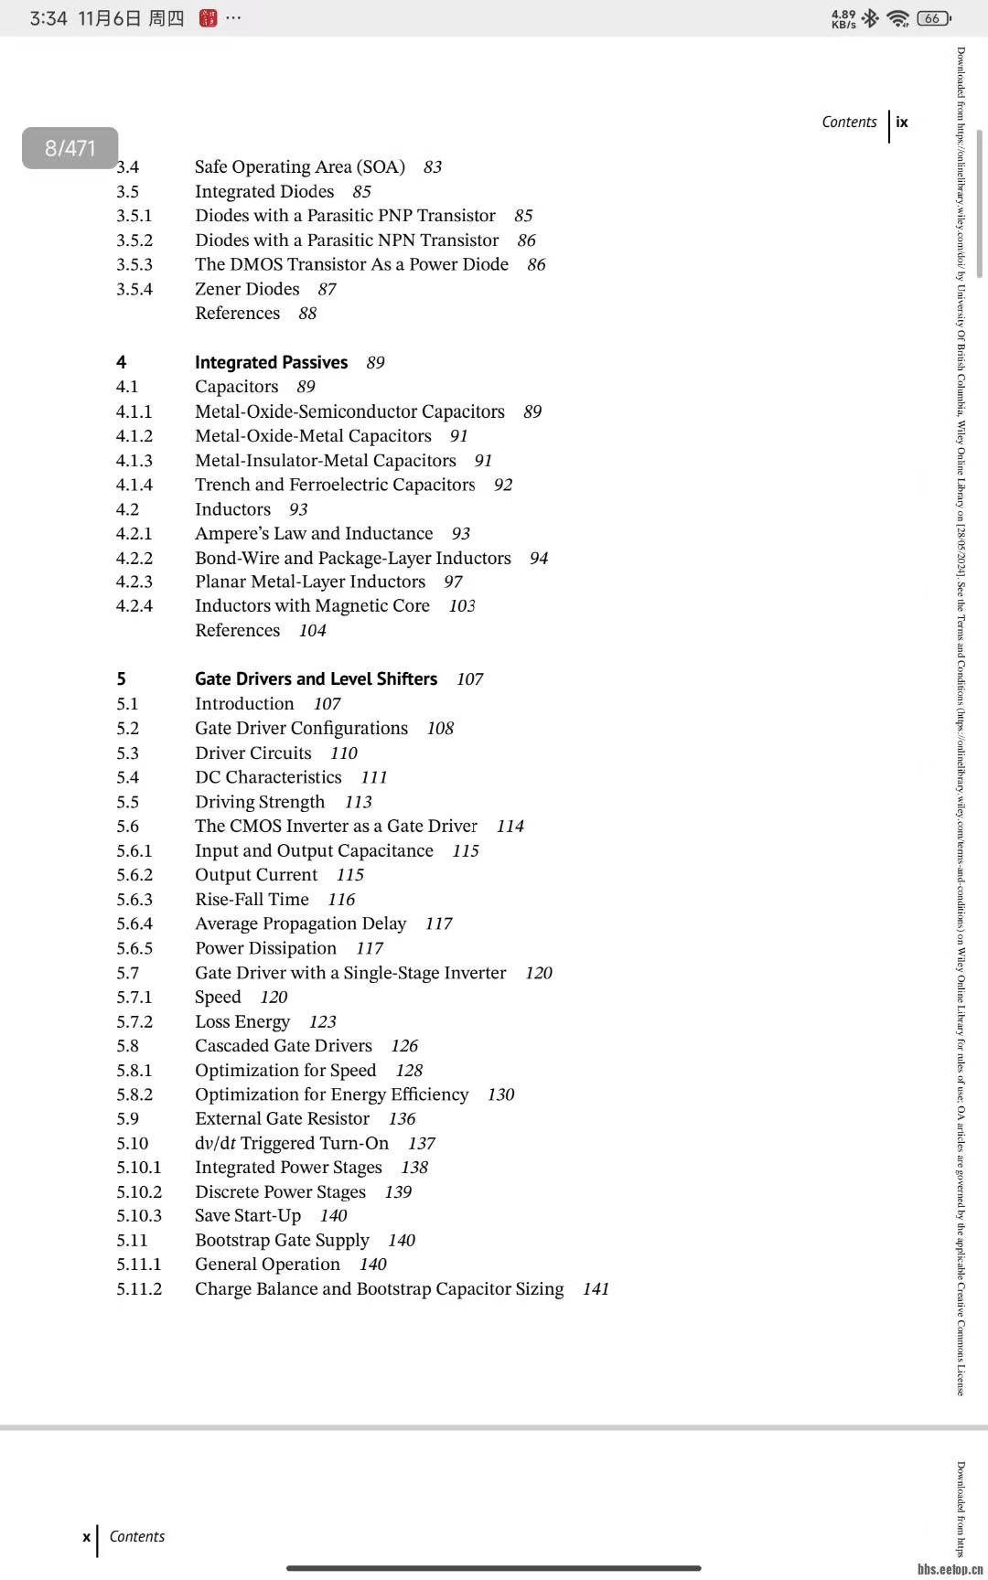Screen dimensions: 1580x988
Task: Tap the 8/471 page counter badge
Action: (x=70, y=148)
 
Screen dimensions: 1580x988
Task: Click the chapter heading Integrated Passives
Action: (x=271, y=362)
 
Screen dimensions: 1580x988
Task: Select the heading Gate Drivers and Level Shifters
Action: (x=316, y=678)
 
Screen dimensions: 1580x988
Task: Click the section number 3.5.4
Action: (x=134, y=289)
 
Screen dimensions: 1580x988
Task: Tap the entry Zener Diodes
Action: (x=247, y=289)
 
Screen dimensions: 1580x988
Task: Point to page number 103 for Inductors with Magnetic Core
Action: (x=462, y=606)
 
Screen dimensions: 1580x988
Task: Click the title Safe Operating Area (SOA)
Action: (x=299, y=166)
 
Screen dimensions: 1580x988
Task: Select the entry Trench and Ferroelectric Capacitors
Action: (x=335, y=485)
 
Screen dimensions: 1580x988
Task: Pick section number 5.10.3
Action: (x=139, y=1215)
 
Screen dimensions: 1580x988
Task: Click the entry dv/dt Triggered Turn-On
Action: (x=292, y=1143)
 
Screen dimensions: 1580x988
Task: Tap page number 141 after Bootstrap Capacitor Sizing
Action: (x=596, y=1288)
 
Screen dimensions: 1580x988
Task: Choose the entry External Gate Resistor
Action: (x=282, y=1118)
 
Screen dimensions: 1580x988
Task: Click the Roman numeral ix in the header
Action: (x=902, y=122)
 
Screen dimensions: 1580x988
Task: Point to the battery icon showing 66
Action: (x=933, y=18)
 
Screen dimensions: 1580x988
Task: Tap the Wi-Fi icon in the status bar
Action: (x=898, y=18)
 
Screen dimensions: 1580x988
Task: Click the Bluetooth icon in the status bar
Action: (x=870, y=18)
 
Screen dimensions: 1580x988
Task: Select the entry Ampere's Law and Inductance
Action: (x=314, y=533)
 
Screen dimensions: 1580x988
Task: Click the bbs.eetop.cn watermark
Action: (x=950, y=1569)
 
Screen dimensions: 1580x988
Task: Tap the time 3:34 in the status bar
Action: (x=48, y=18)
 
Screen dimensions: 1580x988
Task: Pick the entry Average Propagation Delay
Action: (x=300, y=923)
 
